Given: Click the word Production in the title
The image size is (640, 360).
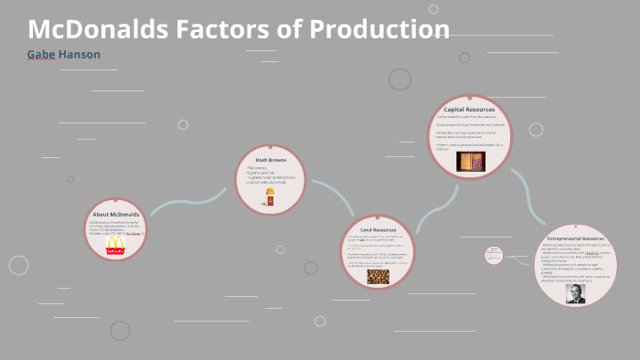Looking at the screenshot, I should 379,29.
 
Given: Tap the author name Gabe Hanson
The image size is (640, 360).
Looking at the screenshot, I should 63,55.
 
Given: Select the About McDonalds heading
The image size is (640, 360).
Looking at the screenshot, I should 114,215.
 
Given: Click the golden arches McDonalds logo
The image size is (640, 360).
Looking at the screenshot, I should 115,245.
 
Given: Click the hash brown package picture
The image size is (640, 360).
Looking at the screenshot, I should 270,198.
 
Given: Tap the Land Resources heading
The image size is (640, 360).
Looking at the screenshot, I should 378,230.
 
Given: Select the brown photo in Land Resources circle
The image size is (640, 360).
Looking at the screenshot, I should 378,276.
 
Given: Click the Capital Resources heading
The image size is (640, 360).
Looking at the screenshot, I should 469,110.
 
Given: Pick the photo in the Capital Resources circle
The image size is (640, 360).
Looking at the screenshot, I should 470,161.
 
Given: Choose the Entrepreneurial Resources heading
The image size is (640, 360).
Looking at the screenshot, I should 575,237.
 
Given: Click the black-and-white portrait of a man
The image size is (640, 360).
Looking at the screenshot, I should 575,293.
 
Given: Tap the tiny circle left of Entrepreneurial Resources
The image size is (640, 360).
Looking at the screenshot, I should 494,255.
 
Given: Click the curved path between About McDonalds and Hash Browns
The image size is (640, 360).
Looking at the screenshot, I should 187,203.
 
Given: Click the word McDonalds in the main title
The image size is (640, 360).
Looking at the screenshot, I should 97,29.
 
